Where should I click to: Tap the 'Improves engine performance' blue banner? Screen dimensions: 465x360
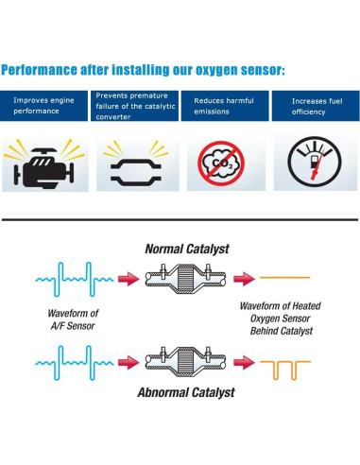pyautogui.click(x=45, y=105)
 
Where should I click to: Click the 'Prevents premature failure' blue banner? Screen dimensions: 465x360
pyautogui.click(x=135, y=105)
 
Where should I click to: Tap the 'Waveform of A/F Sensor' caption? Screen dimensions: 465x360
pyautogui.click(x=72, y=319)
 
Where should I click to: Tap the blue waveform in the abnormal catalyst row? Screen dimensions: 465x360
pyautogui.click(x=72, y=362)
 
